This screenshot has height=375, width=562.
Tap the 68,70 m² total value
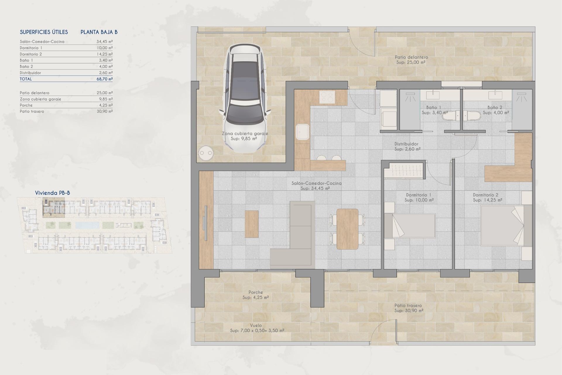click(x=104, y=79)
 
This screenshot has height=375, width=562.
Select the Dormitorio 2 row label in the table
click(x=31, y=54)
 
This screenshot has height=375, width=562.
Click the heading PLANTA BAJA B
click(x=99, y=32)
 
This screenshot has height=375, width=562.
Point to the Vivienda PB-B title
click(x=52, y=193)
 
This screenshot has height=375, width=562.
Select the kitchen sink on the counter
click(x=303, y=132)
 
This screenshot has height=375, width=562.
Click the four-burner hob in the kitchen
click(x=327, y=97)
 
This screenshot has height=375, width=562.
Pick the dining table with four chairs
click(x=347, y=229)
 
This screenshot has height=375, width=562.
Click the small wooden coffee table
click(x=251, y=224)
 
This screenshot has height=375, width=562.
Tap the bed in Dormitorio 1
click(x=413, y=226)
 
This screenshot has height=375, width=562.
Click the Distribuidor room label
click(x=406, y=144)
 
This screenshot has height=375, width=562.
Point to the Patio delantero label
click(x=411, y=57)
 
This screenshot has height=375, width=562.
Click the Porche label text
click(x=256, y=292)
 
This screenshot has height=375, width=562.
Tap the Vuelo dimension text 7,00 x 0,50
click(x=257, y=330)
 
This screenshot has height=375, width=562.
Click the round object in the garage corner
click(x=206, y=153)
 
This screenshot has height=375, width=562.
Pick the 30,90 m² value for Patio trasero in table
click(x=104, y=111)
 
